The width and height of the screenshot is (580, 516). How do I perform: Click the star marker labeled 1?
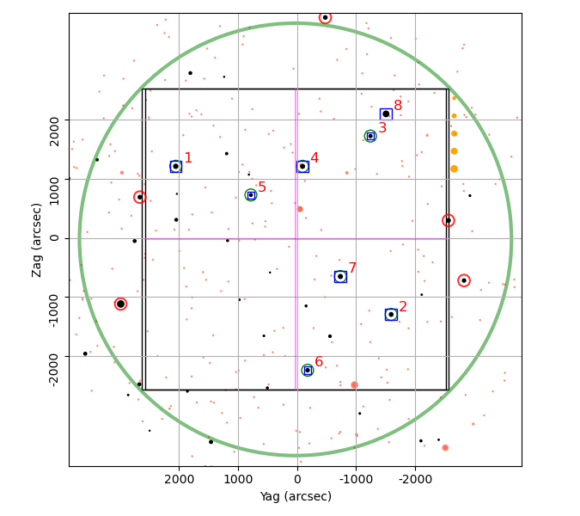point(175,167)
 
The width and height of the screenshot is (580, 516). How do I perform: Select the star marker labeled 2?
point(391,315)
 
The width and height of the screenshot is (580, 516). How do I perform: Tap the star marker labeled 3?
point(370,136)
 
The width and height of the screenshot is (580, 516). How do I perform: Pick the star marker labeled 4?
point(302,167)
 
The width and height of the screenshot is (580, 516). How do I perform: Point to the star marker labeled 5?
point(251,195)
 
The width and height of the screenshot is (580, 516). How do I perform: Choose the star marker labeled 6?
point(308,370)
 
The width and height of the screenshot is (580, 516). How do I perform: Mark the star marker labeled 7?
point(340,277)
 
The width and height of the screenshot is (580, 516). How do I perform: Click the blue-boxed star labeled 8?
point(386,114)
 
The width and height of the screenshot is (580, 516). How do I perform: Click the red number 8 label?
point(398,106)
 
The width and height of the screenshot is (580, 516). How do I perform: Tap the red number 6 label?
point(319,362)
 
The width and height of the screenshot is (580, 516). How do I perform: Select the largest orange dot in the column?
point(455,169)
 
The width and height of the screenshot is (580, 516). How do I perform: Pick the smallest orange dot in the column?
point(455,98)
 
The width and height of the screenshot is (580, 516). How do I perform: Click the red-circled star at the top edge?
point(325,17)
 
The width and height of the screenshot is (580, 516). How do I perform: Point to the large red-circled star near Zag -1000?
point(120,304)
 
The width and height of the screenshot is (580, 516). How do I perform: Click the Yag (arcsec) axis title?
point(296,496)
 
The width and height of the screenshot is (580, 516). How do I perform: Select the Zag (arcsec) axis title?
point(37,240)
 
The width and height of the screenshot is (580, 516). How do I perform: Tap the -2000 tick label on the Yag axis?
point(415,480)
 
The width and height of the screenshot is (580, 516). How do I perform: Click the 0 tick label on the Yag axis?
point(297,480)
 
